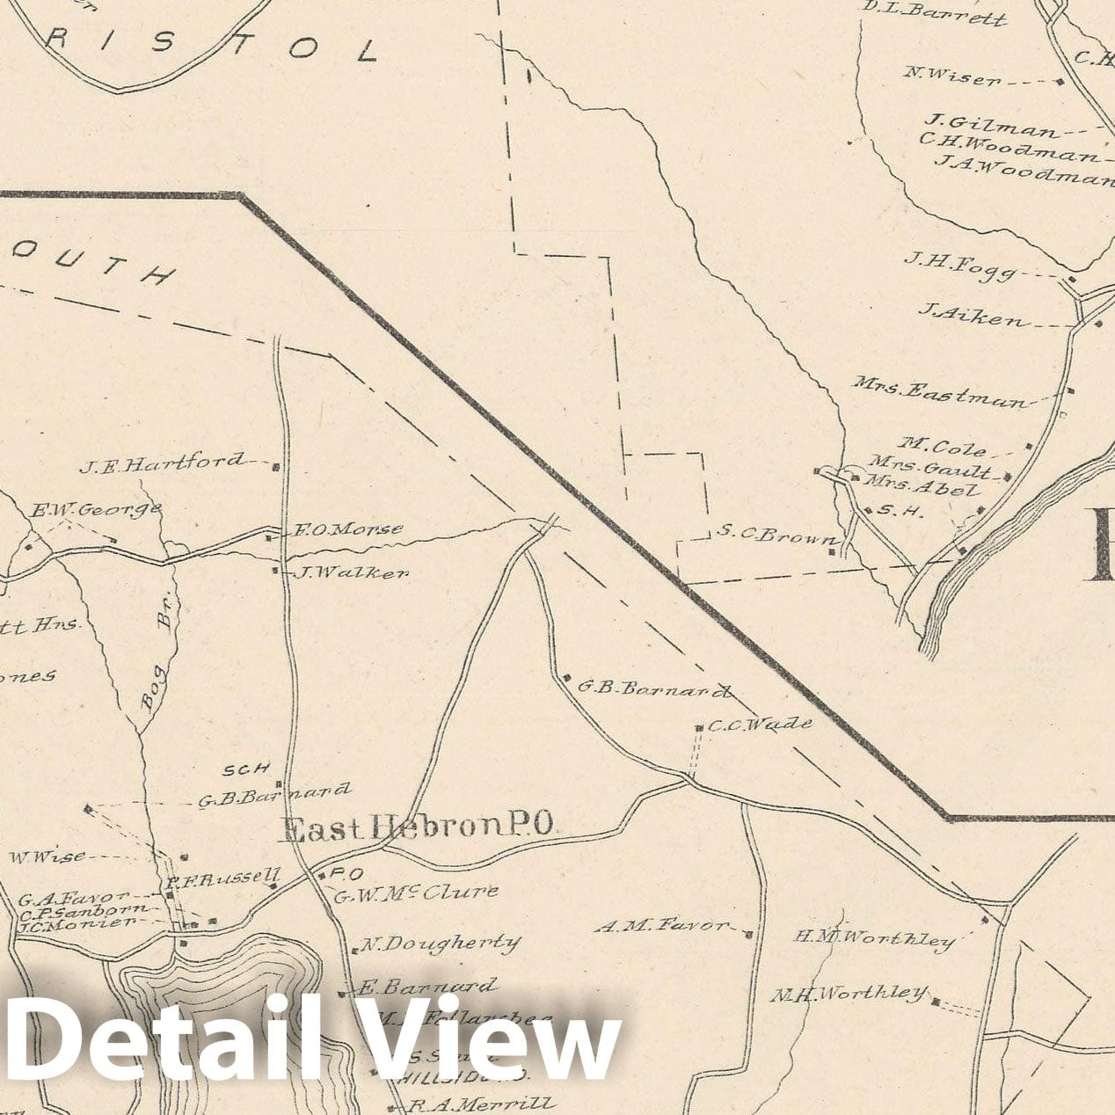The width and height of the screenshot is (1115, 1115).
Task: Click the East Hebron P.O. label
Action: tap(417, 827)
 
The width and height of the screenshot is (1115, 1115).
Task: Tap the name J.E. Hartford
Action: tap(162, 463)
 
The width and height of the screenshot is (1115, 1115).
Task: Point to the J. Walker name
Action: tap(352, 573)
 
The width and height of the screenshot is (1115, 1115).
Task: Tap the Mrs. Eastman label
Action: tap(938, 393)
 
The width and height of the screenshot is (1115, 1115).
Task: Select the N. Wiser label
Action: tap(952, 77)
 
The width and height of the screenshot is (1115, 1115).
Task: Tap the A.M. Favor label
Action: tap(662, 925)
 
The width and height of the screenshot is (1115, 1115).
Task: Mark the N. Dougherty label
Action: tap(440, 944)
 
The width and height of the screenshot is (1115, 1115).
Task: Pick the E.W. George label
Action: tap(97, 509)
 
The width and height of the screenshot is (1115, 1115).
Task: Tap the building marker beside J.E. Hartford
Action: tap(276, 466)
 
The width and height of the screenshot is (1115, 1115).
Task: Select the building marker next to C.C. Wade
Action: tap(699, 728)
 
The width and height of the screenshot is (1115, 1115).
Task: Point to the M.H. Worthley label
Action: tap(849, 995)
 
